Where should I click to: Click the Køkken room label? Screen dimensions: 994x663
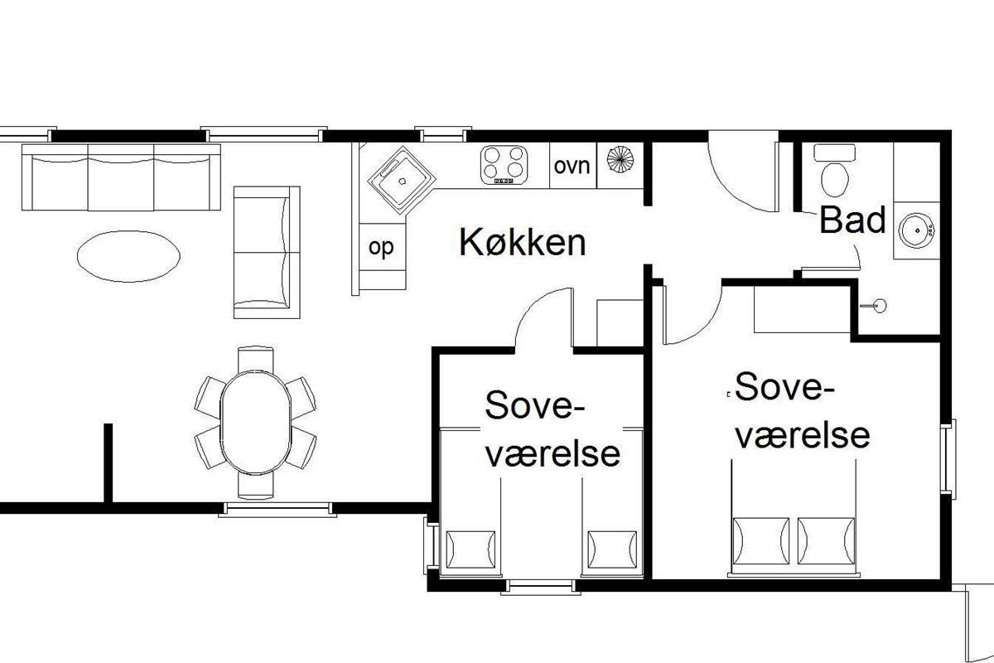[523, 242]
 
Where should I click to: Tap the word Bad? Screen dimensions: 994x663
[852, 220]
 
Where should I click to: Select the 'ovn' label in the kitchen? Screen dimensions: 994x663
[572, 166]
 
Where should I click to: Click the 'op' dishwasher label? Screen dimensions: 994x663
[381, 248]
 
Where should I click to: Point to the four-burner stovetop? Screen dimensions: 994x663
[504, 165]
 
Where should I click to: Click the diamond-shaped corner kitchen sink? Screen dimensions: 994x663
[402, 180]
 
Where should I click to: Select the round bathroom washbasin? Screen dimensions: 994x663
[916, 230]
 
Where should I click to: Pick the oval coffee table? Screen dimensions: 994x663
[128, 256]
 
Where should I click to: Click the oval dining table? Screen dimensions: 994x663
[256, 423]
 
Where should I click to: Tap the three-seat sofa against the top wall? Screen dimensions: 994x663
[121, 177]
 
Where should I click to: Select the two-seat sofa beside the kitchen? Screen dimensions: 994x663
[267, 252]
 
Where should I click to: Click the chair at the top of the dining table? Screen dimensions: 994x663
[256, 359]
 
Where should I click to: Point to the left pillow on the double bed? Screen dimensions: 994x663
[761, 541]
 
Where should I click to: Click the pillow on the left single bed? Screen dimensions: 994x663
[470, 549]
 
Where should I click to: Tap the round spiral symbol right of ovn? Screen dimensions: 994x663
[620, 158]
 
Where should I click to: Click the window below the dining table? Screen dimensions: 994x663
[277, 510]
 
